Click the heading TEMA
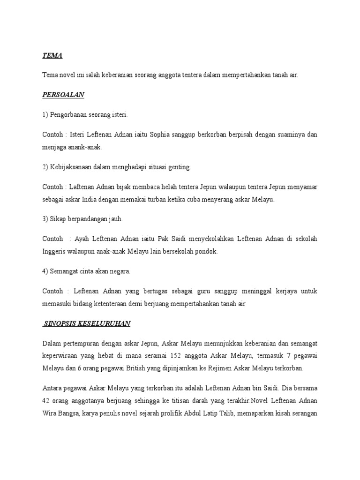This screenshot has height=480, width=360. pos(52,56)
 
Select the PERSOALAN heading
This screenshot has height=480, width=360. pos(63,95)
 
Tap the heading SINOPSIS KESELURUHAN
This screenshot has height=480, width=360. pos(87,323)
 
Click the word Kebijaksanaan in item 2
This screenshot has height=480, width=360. pos(73,167)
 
